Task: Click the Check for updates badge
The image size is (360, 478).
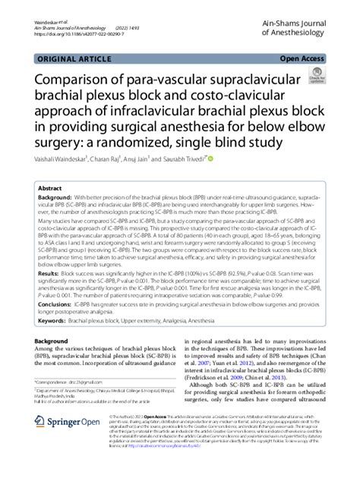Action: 313,77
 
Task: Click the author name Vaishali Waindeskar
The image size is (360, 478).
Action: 64,159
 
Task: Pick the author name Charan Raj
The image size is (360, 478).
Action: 117,159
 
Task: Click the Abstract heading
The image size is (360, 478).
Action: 50,187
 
